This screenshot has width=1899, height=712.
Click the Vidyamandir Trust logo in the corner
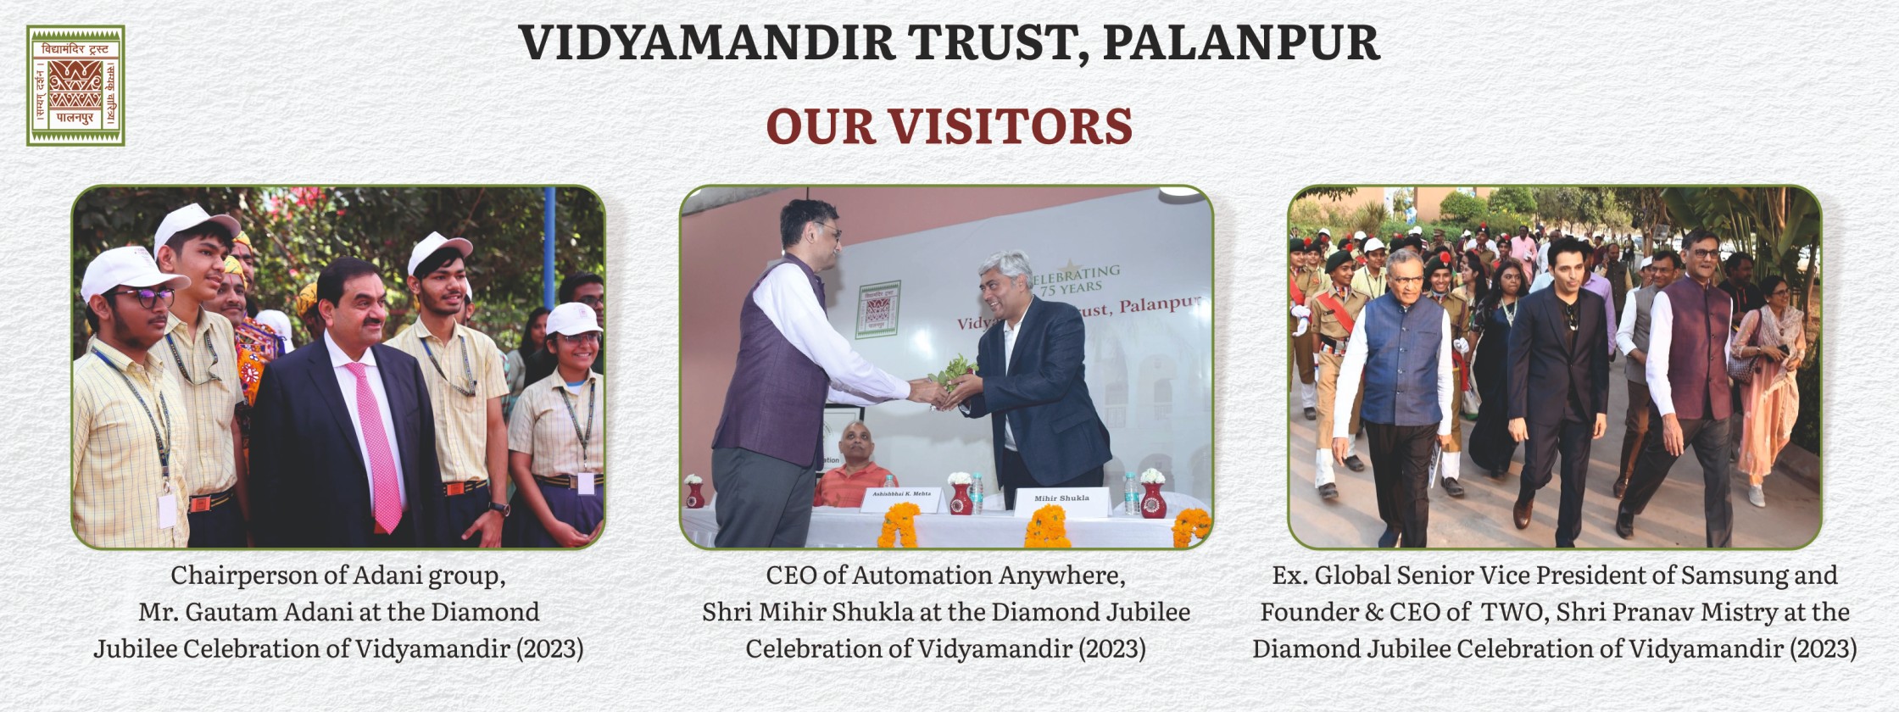(75, 86)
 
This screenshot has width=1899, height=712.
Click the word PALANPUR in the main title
(1243, 42)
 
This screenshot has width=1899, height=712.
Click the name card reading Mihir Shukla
(1061, 500)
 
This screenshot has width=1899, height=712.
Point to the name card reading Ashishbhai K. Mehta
(904, 501)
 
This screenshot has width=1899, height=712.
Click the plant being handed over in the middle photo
(950, 376)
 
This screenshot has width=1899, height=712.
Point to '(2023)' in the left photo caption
(549, 649)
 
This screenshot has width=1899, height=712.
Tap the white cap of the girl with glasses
(572, 318)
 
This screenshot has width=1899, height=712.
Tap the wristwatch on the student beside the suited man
(498, 508)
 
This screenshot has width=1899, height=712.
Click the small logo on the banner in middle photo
(881, 307)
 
